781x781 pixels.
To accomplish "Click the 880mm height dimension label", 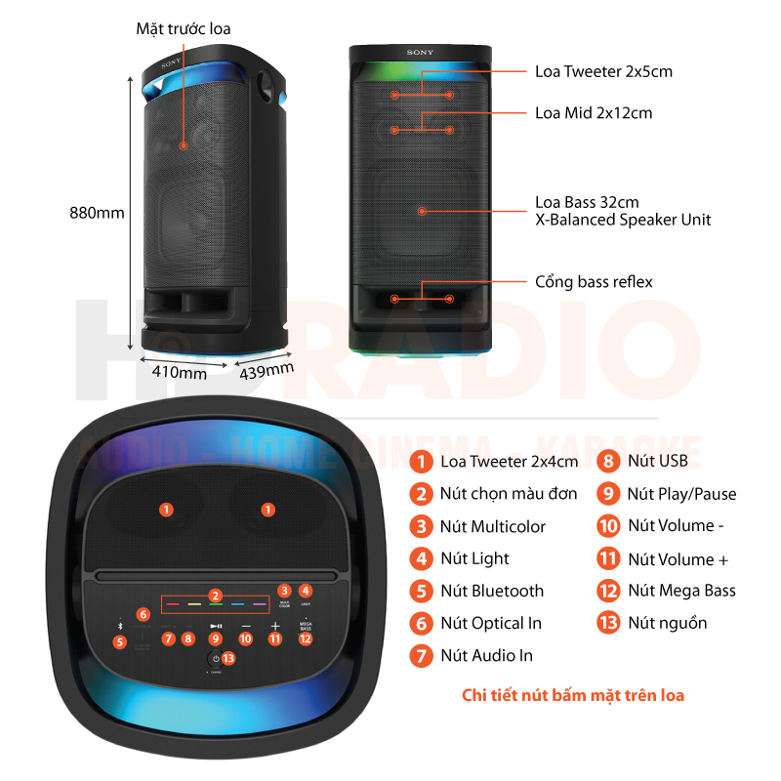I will (97, 212).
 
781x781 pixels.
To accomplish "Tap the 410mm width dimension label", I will (179, 372).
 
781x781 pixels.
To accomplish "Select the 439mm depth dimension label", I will (266, 369).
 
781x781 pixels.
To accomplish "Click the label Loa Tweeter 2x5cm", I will (603, 71).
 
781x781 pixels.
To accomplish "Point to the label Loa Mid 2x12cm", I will (594, 113).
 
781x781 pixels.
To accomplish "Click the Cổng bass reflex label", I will (594, 282).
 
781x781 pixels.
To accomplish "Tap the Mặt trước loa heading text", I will (184, 29).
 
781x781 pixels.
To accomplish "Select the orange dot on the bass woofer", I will (423, 210).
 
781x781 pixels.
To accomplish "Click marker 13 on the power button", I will (227, 658).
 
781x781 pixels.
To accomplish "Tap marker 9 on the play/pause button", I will (216, 638).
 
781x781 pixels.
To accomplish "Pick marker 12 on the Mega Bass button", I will (306, 638).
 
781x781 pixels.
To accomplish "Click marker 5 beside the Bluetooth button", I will (120, 642).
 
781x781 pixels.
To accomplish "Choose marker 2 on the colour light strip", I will (216, 596).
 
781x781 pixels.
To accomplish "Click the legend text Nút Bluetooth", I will (492, 591).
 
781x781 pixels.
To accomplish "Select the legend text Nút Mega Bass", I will (681, 591).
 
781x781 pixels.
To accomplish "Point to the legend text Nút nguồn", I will (667, 623).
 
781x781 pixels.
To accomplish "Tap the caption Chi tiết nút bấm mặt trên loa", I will (573, 695).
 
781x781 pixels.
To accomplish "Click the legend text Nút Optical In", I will (491, 623).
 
